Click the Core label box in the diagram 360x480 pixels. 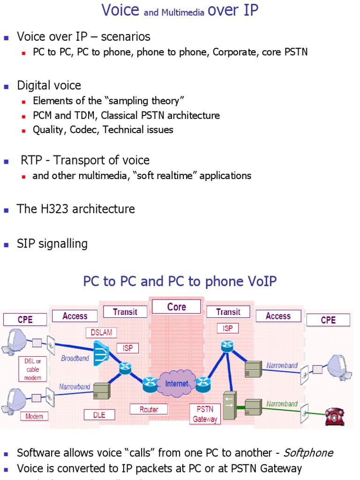pyautogui.click(x=176, y=307)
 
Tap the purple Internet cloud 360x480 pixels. pyautogui.click(x=176, y=383)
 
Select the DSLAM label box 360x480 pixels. pyautogui.click(x=101, y=332)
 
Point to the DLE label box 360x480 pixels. pyautogui.click(x=99, y=414)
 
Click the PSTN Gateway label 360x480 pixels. pyautogui.click(x=205, y=414)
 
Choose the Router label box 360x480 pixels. pyautogui.click(x=149, y=409)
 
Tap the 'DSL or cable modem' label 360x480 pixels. pyautogui.click(x=33, y=369)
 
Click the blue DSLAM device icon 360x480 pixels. pyautogui.click(x=100, y=352)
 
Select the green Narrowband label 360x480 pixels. pyautogui.click(x=282, y=404)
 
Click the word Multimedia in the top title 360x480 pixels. pyautogui.click(x=183, y=13)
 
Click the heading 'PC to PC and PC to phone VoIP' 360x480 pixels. pyautogui.click(x=180, y=281)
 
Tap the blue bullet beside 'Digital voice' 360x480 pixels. pyautogui.click(x=7, y=86)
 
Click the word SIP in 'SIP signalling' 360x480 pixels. pyautogui.click(x=26, y=244)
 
